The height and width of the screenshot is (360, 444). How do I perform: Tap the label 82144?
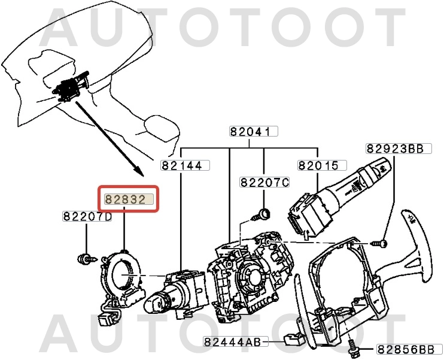click(181, 166)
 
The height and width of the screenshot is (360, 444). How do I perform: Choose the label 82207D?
click(87, 216)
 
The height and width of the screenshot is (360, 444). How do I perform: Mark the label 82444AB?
click(232, 342)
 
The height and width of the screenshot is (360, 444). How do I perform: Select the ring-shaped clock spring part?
click(122, 276)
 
